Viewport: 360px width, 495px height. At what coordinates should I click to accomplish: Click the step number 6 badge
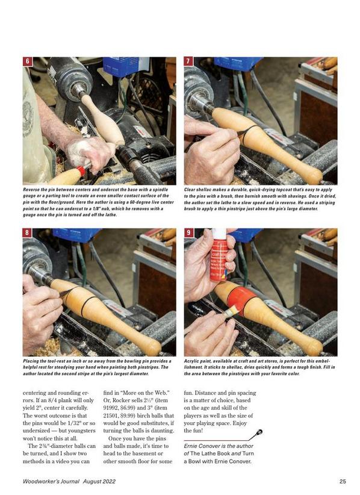(28, 61)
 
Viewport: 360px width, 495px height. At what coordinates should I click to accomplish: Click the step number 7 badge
(188, 61)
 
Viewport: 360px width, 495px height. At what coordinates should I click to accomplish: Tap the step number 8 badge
(27, 233)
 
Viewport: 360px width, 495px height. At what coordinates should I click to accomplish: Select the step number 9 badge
(188, 233)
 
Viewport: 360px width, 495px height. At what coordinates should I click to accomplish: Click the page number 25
(343, 481)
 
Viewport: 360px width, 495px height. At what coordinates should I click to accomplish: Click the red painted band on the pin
(242, 300)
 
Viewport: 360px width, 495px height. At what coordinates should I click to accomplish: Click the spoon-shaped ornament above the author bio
(256, 435)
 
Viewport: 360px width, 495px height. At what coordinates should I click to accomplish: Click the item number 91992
(111, 408)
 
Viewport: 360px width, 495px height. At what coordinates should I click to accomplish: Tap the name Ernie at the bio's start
(190, 446)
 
